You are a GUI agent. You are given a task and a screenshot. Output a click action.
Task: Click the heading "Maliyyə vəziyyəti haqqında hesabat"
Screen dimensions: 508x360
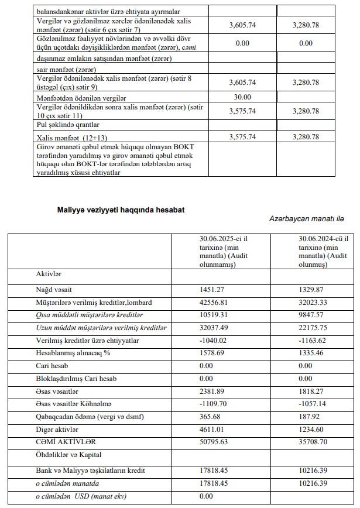coord(121,209)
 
